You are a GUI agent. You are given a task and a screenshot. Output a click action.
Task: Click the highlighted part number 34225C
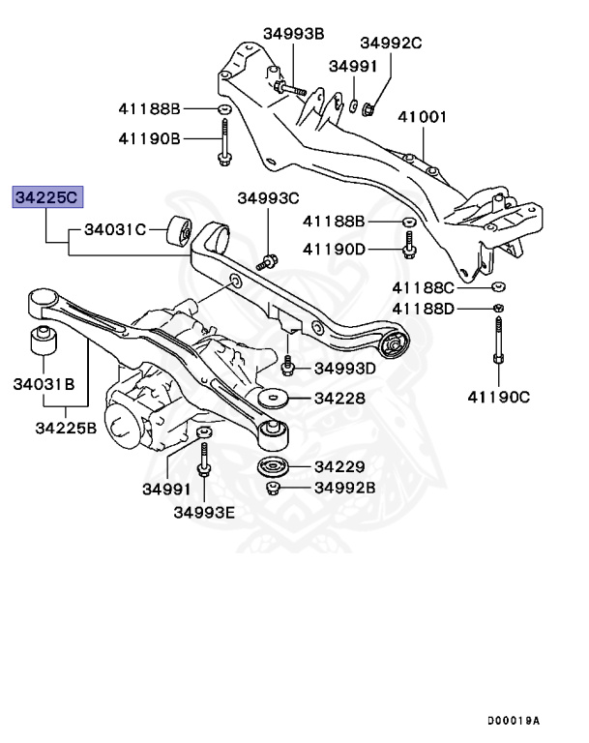(47, 197)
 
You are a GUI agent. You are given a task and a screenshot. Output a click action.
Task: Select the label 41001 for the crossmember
(424, 117)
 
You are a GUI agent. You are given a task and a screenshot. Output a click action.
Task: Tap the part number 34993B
(293, 34)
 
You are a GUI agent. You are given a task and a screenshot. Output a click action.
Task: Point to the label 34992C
(392, 43)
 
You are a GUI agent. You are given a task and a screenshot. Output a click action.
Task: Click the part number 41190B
(150, 138)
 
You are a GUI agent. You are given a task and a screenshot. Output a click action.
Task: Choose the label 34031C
(114, 230)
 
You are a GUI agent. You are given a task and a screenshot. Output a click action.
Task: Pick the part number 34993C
(269, 198)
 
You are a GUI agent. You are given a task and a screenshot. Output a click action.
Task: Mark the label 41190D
(335, 249)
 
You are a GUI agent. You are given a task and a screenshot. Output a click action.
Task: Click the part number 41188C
(423, 287)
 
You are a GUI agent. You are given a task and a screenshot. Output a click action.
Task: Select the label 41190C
(499, 395)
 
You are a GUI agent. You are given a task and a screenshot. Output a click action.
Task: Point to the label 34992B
(344, 487)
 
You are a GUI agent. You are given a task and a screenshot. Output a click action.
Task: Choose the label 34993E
(204, 512)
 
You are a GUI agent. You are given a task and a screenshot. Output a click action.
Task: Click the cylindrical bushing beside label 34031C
(179, 232)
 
